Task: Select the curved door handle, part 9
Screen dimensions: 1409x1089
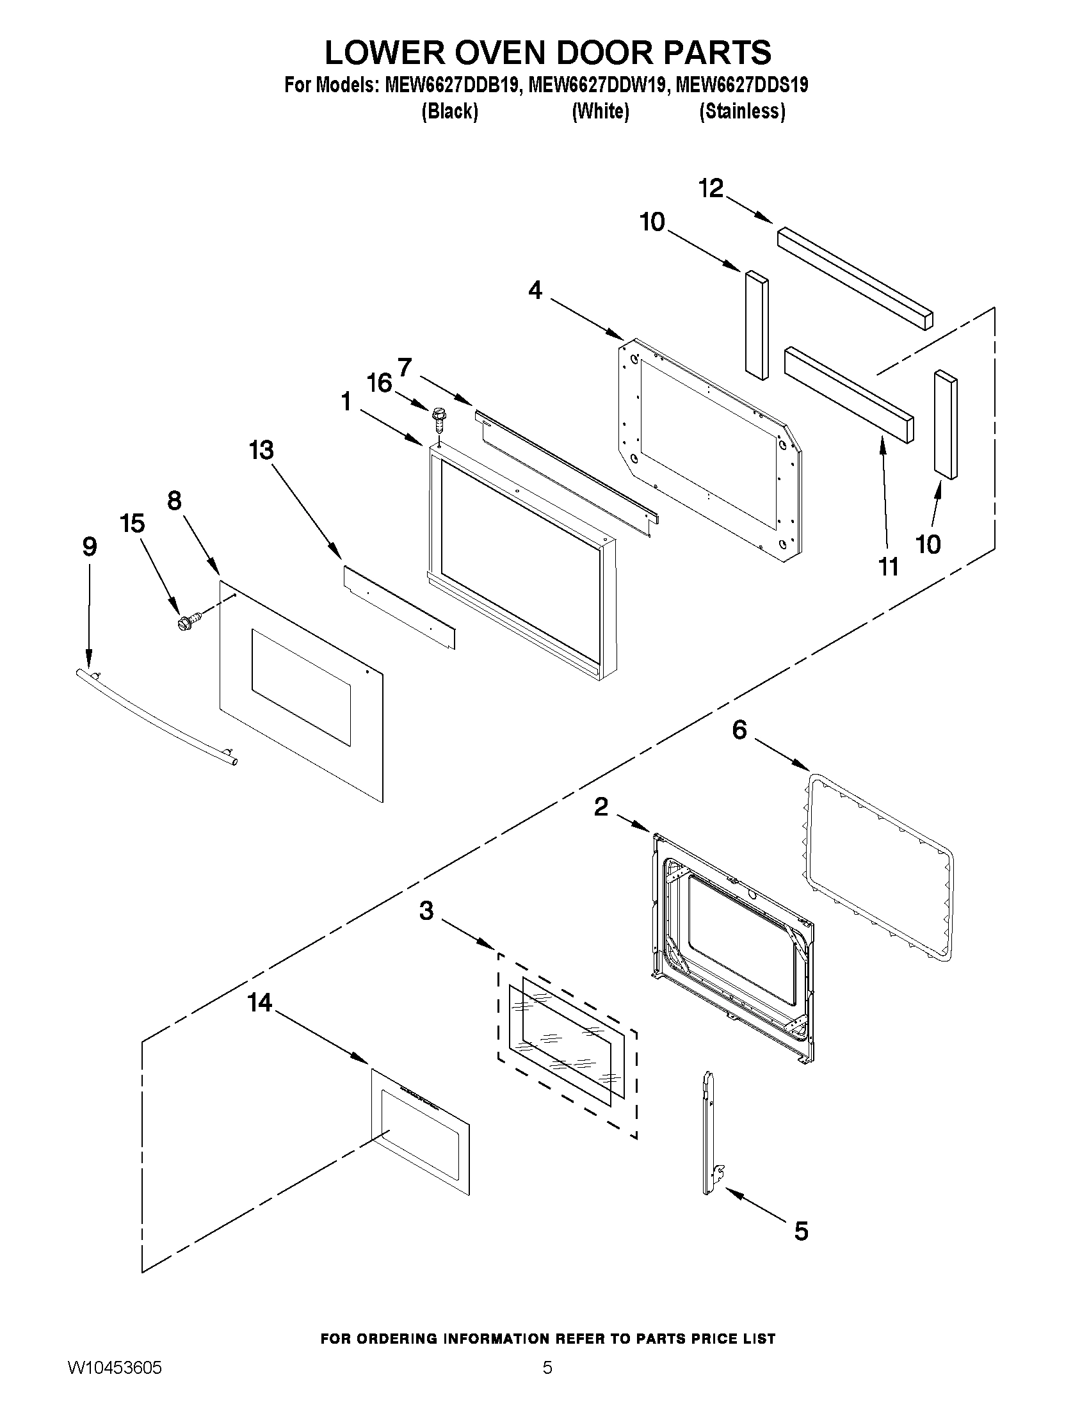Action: coord(155,717)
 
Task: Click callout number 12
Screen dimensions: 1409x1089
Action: coord(711,188)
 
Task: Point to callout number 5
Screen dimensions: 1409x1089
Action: coord(801,1231)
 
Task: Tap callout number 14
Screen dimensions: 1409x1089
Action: coord(260,1002)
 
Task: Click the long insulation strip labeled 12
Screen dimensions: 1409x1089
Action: coord(855,277)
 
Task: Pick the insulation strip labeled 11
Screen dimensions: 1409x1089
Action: coord(848,394)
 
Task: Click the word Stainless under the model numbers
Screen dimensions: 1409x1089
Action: coord(743,111)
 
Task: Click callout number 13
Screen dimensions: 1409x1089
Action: coord(261,450)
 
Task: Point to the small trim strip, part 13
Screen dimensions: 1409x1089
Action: coord(399,607)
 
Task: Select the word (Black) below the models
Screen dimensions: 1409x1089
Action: coord(449,111)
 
